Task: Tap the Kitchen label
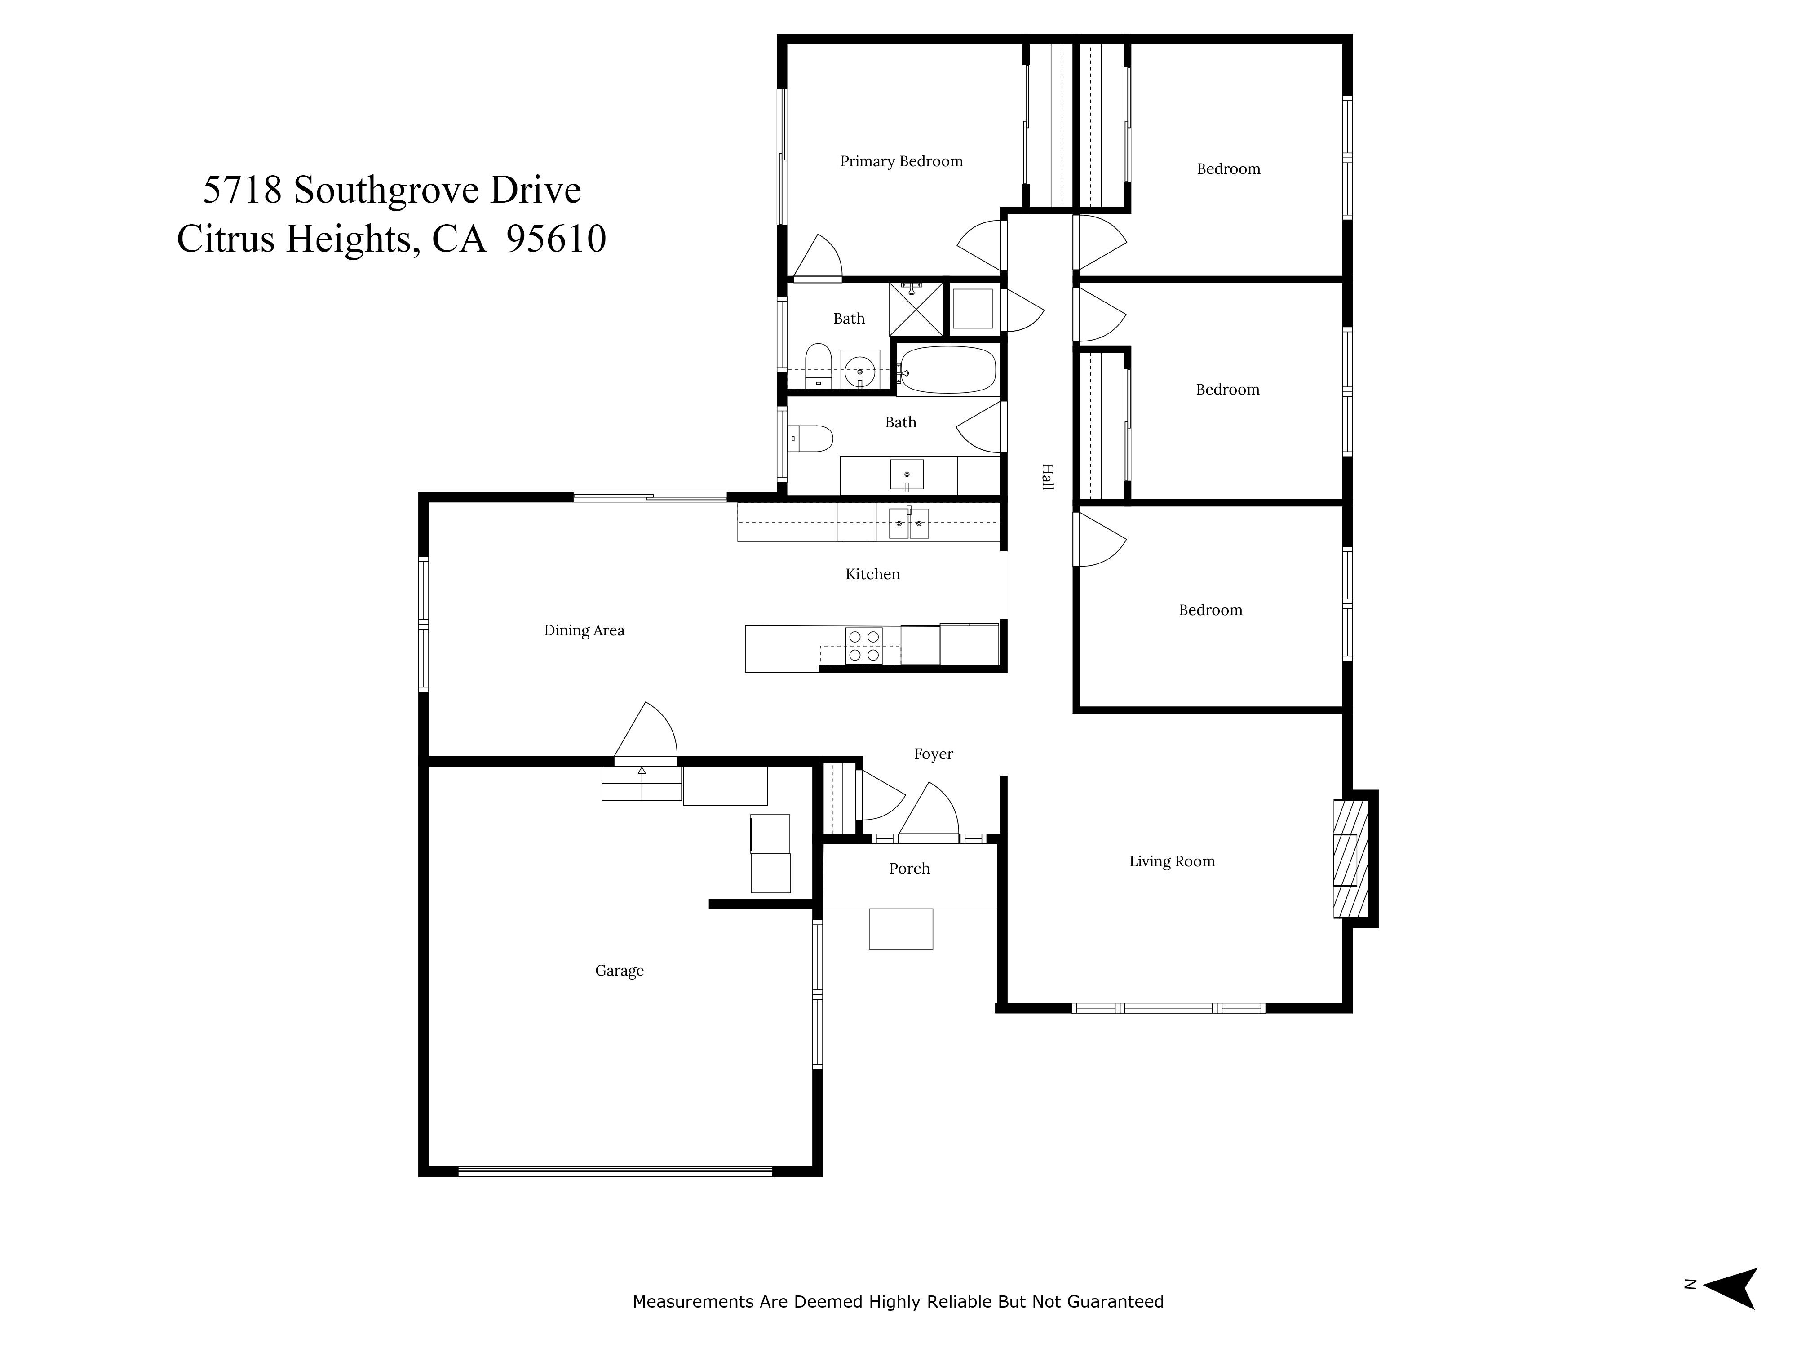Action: click(x=872, y=574)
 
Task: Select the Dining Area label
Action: click(x=584, y=630)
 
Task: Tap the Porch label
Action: click(x=909, y=869)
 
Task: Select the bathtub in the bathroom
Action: click(x=947, y=371)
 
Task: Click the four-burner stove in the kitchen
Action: click(x=863, y=646)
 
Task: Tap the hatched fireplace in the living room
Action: click(x=1350, y=859)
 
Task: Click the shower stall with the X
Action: click(x=916, y=309)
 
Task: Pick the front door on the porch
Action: click(x=928, y=838)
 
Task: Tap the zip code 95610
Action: click(x=556, y=239)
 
